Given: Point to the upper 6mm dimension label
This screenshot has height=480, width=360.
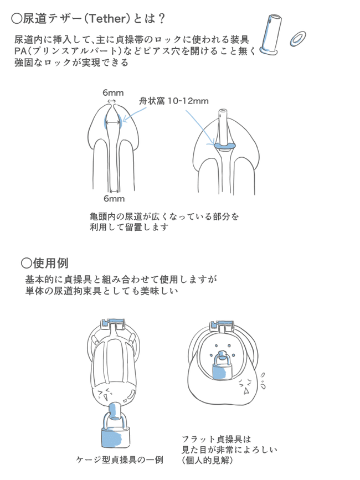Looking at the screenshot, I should tap(112, 93).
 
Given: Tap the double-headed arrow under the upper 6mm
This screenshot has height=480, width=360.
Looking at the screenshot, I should tap(112, 101).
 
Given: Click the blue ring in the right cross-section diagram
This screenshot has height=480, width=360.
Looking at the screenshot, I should tap(224, 146).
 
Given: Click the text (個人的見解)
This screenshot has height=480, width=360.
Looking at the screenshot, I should tap(207, 460).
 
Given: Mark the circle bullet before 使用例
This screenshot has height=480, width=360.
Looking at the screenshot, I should tap(26, 262).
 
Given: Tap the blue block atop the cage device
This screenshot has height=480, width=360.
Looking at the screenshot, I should tap(115, 323).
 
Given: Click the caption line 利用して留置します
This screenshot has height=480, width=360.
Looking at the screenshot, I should tap(129, 227).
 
